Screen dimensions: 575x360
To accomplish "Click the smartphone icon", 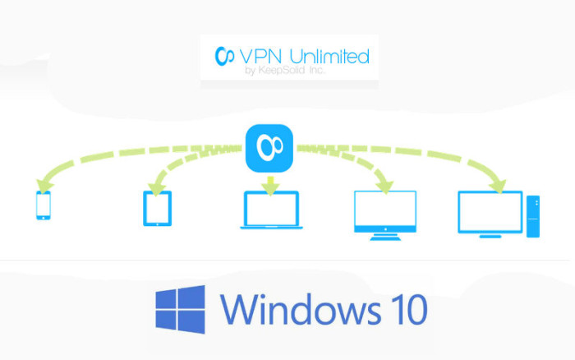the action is (44, 205).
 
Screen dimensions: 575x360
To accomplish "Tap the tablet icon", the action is (158, 209).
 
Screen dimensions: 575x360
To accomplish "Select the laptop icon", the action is (271, 210).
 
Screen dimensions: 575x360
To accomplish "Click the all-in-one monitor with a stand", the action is (385, 215).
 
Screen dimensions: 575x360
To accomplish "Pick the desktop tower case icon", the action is (533, 216).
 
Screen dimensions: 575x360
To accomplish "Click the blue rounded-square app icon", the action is (269, 148).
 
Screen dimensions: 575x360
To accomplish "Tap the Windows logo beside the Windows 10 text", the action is (180, 309).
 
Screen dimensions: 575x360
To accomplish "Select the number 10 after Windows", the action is (409, 310).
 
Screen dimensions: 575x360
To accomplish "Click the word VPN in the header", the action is (260, 56).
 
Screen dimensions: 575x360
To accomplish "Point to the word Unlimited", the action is (329, 56).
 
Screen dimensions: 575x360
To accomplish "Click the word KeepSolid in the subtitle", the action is (282, 70).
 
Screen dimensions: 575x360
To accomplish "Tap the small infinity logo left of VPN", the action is (224, 56).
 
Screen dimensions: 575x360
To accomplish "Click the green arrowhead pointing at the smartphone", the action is (44, 186).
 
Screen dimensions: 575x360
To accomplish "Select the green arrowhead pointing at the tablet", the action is (157, 188).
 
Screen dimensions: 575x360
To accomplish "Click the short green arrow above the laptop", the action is (270, 186).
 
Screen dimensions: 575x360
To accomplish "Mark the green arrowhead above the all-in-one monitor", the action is (384, 187).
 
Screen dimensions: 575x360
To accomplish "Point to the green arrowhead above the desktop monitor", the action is (499, 186).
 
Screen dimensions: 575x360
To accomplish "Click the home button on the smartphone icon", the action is (44, 218).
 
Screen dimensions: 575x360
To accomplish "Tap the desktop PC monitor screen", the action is (490, 212).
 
